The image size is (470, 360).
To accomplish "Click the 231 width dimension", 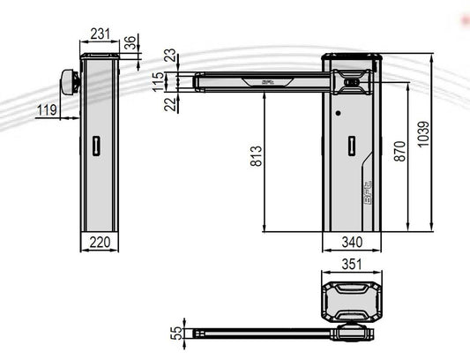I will pyautogui.click(x=99, y=34).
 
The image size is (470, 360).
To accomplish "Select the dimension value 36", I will pyautogui.click(x=131, y=41).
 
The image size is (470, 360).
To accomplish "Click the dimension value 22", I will pyautogui.click(x=169, y=105).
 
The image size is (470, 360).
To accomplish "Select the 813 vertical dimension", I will pyautogui.click(x=256, y=158).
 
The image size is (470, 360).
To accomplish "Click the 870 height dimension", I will pyautogui.click(x=400, y=152).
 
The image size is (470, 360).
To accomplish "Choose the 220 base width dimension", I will pyautogui.click(x=99, y=240).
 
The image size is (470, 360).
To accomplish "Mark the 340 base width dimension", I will pyautogui.click(x=350, y=241).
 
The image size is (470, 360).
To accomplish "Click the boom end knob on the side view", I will pyautogui.click(x=69, y=81).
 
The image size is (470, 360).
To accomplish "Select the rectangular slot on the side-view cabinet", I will pyautogui.click(x=96, y=146).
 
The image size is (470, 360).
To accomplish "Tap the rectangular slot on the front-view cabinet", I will pyautogui.click(x=350, y=146).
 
